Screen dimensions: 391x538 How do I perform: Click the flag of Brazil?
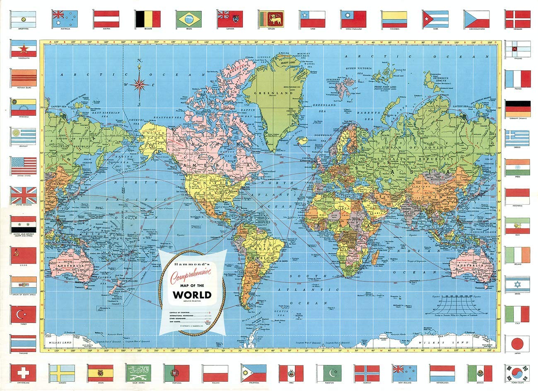click(189, 19)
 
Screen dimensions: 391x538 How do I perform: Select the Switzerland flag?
click(23, 373)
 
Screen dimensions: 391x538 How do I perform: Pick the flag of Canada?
click(230, 19)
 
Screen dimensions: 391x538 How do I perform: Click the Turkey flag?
click(23, 314)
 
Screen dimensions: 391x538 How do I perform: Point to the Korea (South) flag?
click(517, 373)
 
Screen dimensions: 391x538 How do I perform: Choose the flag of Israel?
click(517, 285)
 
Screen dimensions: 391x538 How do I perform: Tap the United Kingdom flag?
click(23, 195)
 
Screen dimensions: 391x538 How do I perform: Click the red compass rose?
click(140, 84)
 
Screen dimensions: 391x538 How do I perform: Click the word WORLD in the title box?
click(192, 295)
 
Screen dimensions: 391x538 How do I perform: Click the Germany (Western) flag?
click(517, 109)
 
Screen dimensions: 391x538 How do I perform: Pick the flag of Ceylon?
click(271, 19)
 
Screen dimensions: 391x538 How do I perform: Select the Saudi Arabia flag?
click(138, 373)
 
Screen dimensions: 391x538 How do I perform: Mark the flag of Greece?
click(517, 138)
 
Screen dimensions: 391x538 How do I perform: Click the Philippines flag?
click(253, 373)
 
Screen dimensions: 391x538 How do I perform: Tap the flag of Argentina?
click(23, 19)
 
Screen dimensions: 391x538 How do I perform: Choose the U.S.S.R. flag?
click(23, 255)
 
